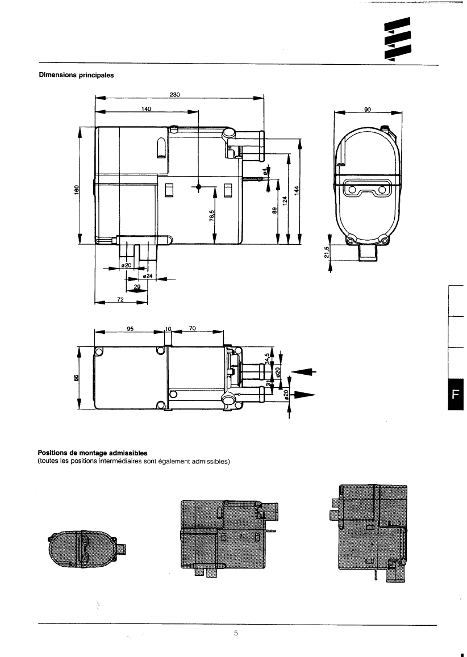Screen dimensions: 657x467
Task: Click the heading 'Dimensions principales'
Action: coord(76,75)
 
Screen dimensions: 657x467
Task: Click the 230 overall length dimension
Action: coord(174,95)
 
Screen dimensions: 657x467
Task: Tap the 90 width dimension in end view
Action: coord(368,110)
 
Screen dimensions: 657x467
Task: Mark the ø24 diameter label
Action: coord(146,276)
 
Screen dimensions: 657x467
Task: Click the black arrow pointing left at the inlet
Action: coord(305,372)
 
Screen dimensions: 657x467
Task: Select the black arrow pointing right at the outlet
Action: coord(303,396)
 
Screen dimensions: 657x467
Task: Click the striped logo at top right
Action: coord(397,42)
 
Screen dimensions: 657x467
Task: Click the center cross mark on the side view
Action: coord(198,187)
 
